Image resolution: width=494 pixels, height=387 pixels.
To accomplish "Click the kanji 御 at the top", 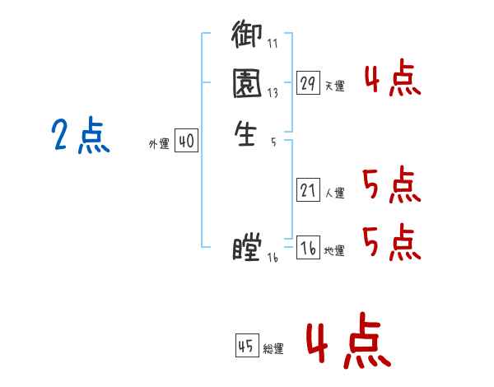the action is [x=246, y=37].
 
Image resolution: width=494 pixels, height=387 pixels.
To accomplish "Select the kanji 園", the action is [x=246, y=84].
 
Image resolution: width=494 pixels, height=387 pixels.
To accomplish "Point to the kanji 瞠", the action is [x=247, y=246].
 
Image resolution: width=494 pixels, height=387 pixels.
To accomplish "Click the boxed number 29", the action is [x=308, y=83].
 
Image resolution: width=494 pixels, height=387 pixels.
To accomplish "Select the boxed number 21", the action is [x=308, y=191].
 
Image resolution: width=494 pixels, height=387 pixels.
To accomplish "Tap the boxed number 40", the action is [x=186, y=142].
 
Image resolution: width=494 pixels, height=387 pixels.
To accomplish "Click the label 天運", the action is [x=334, y=86].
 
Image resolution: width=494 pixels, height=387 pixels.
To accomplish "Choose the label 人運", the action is [x=334, y=193].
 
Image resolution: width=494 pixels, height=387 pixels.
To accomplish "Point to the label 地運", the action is [x=334, y=250].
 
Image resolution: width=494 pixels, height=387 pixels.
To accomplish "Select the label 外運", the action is [x=159, y=144].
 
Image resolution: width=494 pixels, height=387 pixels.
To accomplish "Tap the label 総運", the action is [x=273, y=348].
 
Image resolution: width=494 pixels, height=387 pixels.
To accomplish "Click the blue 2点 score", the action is [x=80, y=136].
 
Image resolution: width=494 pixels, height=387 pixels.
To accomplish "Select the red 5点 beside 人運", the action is [x=392, y=185].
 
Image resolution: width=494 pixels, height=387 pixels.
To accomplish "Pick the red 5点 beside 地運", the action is [x=392, y=240].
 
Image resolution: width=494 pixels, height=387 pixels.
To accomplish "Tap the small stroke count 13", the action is [x=273, y=94].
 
